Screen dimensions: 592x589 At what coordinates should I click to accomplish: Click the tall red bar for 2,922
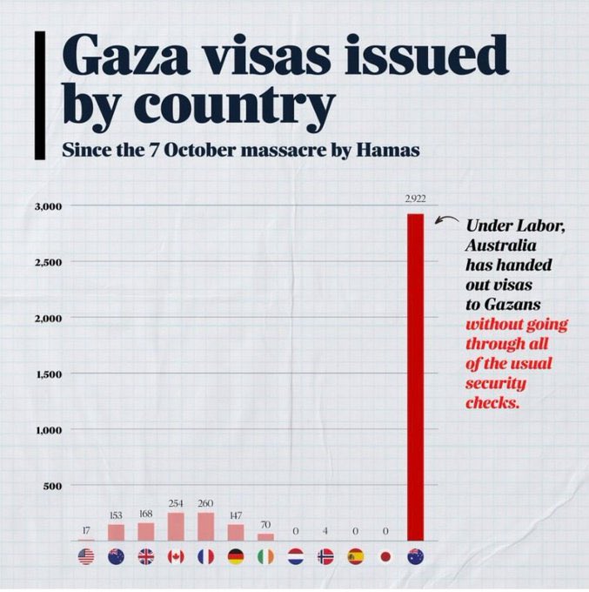(415, 377)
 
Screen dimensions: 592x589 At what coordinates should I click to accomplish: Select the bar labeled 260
(205, 527)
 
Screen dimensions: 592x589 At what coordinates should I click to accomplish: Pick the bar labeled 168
(145, 531)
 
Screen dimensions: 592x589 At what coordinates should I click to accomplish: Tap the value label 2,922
(415, 199)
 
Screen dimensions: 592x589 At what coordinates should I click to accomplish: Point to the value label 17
(85, 530)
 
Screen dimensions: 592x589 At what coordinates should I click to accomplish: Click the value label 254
(176, 503)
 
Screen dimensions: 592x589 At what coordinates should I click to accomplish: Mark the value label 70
(265, 525)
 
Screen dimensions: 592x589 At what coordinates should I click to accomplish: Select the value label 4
(325, 530)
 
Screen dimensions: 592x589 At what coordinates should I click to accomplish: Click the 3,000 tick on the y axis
(49, 206)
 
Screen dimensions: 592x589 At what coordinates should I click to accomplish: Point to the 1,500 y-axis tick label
(49, 374)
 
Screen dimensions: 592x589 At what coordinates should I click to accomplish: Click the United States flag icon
(85, 557)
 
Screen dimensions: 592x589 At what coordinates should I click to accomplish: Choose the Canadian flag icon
(176, 557)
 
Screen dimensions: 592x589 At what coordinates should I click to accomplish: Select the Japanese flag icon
(385, 557)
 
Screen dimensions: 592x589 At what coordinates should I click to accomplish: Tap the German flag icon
(236, 557)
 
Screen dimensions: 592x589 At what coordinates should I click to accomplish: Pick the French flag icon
(205, 557)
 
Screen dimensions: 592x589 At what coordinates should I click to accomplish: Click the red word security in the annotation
(496, 384)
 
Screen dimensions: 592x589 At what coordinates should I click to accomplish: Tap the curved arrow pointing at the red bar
(447, 223)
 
